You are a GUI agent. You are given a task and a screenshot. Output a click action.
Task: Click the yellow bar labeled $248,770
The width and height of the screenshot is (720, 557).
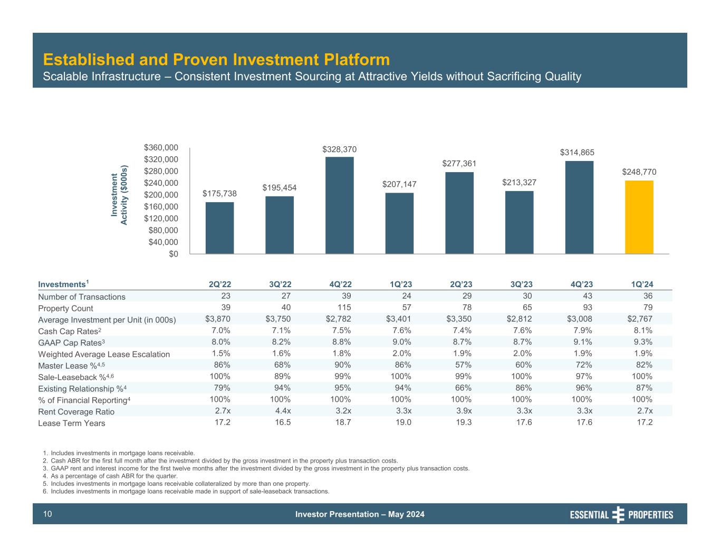pyautogui.click(x=639, y=217)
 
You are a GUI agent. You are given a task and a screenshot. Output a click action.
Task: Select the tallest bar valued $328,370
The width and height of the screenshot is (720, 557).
pyautogui.click(x=339, y=205)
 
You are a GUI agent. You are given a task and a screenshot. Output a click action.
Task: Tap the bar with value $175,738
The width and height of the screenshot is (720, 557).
pyautogui.click(x=219, y=228)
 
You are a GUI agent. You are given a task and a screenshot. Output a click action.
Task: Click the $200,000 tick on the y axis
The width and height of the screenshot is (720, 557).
pyautogui.click(x=161, y=195)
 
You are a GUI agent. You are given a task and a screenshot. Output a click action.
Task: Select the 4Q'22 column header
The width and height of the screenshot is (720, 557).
pyautogui.click(x=340, y=284)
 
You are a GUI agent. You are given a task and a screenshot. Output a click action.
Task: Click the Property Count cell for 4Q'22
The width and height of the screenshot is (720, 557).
pyautogui.click(x=343, y=308)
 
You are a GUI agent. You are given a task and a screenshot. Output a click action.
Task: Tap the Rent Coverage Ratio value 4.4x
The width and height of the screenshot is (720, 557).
pyautogui.click(x=281, y=411)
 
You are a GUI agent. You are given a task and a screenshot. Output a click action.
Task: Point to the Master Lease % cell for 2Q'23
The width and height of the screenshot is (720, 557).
pyautogui.click(x=463, y=365)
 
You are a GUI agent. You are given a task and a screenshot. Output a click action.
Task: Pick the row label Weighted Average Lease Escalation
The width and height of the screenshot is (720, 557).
pyautogui.click(x=104, y=354)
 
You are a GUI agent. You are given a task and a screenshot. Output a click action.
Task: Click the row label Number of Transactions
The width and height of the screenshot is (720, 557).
pyautogui.click(x=82, y=297)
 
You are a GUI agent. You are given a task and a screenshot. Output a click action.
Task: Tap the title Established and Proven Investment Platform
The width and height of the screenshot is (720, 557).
pyautogui.click(x=216, y=59)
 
